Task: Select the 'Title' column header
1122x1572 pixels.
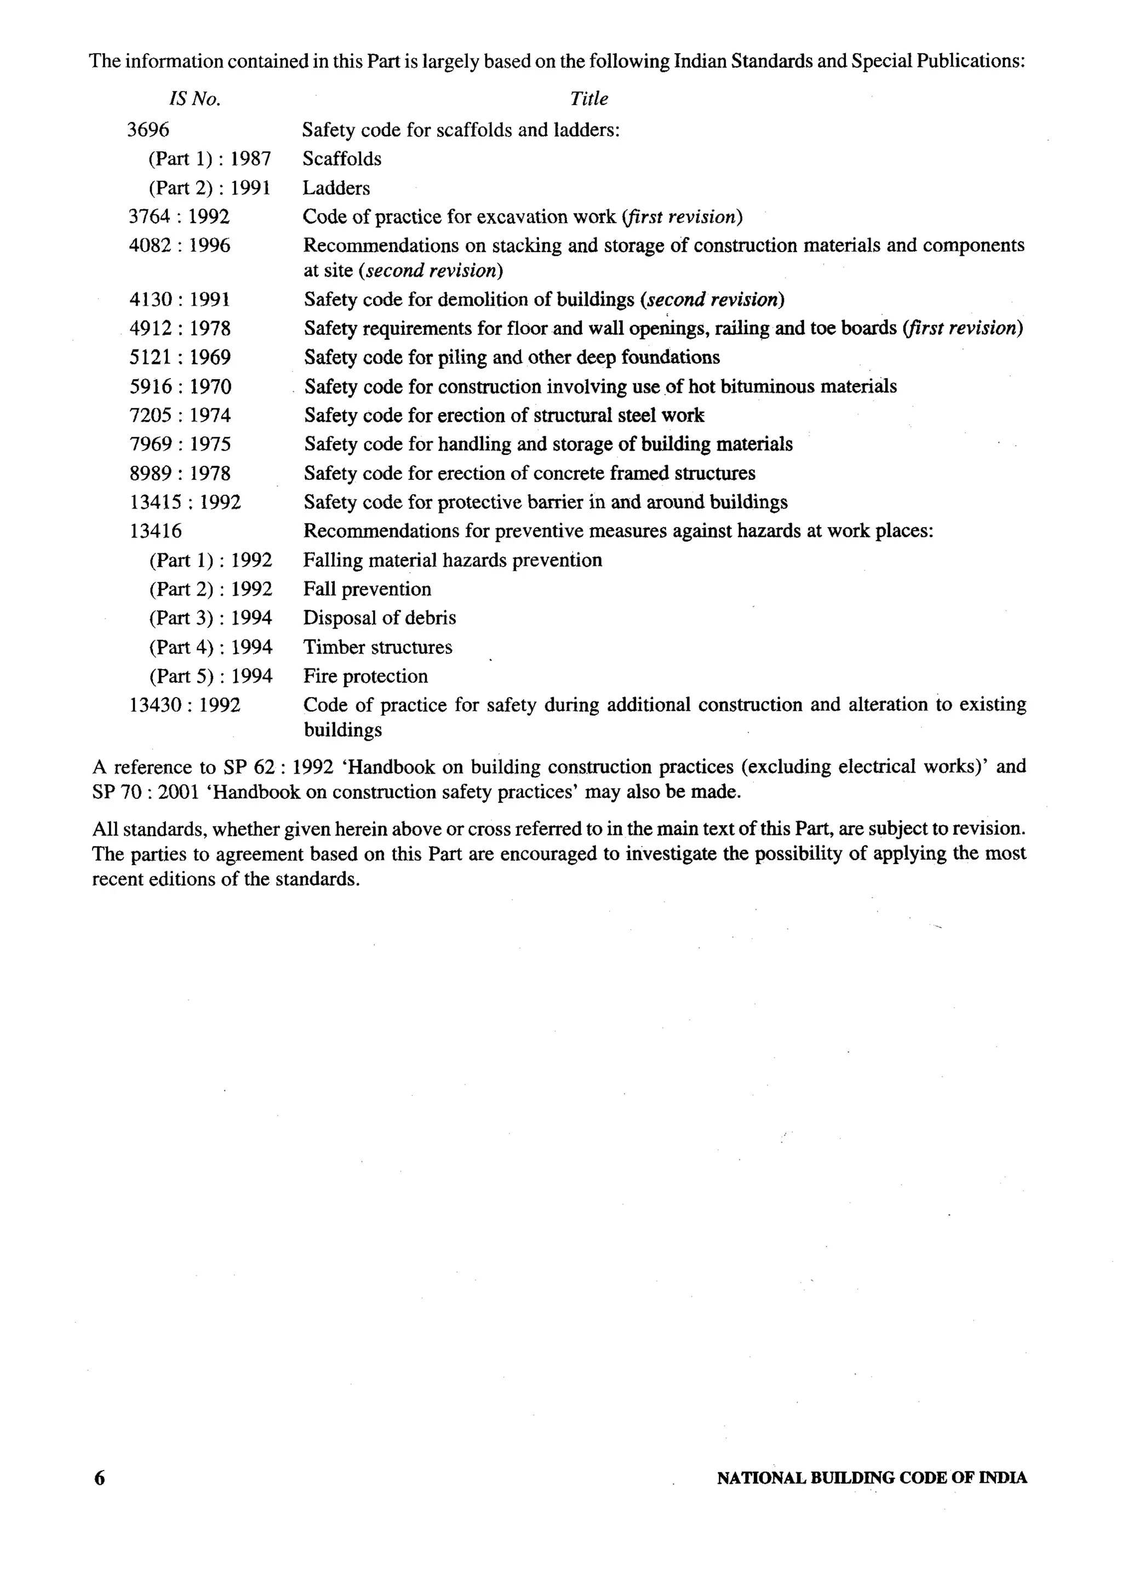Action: click(588, 99)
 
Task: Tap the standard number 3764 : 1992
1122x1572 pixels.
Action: click(179, 217)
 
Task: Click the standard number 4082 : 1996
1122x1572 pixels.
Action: click(180, 246)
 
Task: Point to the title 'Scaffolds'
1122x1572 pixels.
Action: click(342, 159)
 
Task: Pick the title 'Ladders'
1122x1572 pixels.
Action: click(336, 188)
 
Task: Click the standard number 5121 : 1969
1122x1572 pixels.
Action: click(180, 357)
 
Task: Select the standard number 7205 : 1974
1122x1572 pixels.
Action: click(180, 415)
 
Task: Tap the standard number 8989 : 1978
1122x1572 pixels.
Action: click(180, 473)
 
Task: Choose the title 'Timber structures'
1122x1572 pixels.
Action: click(377, 648)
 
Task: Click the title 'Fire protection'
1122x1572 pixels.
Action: click(365, 677)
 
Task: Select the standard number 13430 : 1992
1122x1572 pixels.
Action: click(185, 706)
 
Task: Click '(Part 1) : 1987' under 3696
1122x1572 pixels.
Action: click(209, 159)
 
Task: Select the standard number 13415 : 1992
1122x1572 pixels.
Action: click(185, 502)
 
